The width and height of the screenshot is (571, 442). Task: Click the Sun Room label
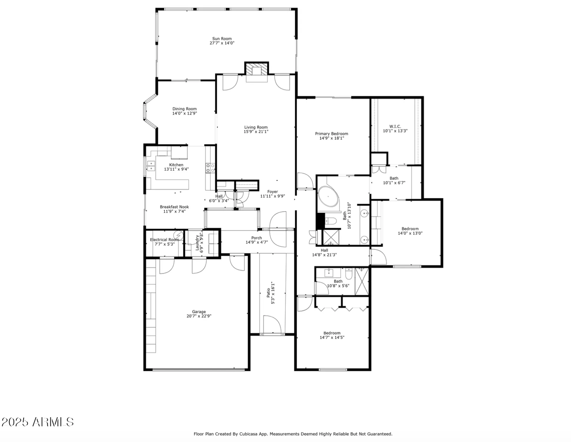(x=222, y=39)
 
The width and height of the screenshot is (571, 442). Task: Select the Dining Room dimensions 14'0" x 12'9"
(x=184, y=113)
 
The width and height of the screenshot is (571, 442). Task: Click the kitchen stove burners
(x=210, y=168)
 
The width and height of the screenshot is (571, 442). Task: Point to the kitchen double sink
(x=151, y=166)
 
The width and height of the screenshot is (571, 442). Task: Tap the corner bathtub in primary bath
(x=328, y=196)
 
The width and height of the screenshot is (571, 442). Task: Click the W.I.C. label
(x=395, y=126)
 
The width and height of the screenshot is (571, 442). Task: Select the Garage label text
(x=199, y=311)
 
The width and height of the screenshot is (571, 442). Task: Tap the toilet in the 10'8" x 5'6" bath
(x=349, y=274)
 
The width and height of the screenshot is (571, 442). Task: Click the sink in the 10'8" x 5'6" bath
(x=329, y=273)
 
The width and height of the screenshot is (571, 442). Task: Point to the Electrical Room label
(x=164, y=240)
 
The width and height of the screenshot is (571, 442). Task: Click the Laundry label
(x=197, y=242)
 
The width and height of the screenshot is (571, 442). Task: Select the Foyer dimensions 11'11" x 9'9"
(x=272, y=196)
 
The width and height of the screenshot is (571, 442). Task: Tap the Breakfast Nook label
(x=174, y=207)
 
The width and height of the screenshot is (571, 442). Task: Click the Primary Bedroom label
(x=331, y=133)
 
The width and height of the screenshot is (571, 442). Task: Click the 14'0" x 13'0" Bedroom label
(x=410, y=229)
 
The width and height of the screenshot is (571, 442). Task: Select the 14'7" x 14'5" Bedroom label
(x=332, y=333)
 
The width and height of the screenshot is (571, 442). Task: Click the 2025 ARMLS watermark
(x=37, y=422)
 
